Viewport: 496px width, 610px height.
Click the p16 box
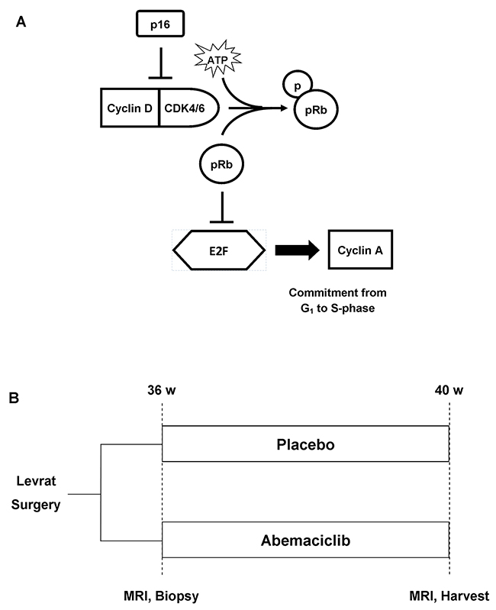coord(159,26)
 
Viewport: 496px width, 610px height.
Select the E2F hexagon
coord(221,250)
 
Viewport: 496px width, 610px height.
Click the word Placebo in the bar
coord(305,444)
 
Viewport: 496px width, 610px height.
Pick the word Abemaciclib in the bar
coord(305,540)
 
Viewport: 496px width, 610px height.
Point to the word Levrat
coord(38,481)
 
